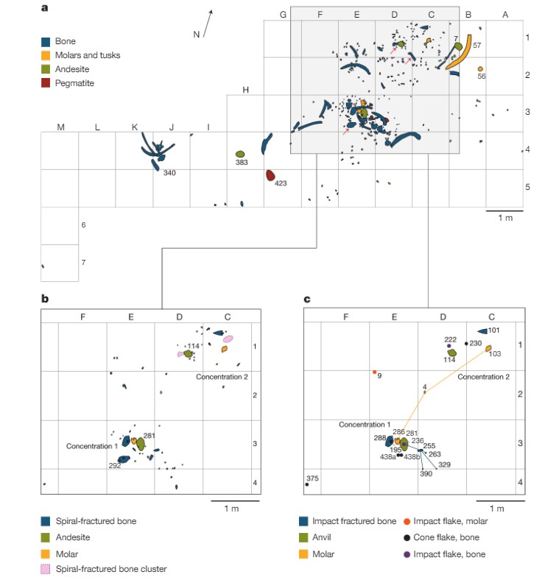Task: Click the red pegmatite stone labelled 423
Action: point(270,175)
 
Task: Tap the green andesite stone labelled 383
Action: point(240,154)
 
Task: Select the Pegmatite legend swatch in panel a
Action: point(46,83)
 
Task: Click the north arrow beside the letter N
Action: point(208,22)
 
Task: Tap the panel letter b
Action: point(45,299)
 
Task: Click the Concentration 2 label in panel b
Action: point(221,377)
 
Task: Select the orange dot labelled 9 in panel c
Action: point(375,372)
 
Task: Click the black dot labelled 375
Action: point(306,484)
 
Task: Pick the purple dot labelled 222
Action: point(449,345)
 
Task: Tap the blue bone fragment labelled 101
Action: point(482,331)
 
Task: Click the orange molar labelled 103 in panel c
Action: point(488,348)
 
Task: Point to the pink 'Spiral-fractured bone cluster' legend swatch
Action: point(46,567)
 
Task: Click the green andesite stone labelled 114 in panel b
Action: point(189,354)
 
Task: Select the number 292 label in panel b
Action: point(114,465)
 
